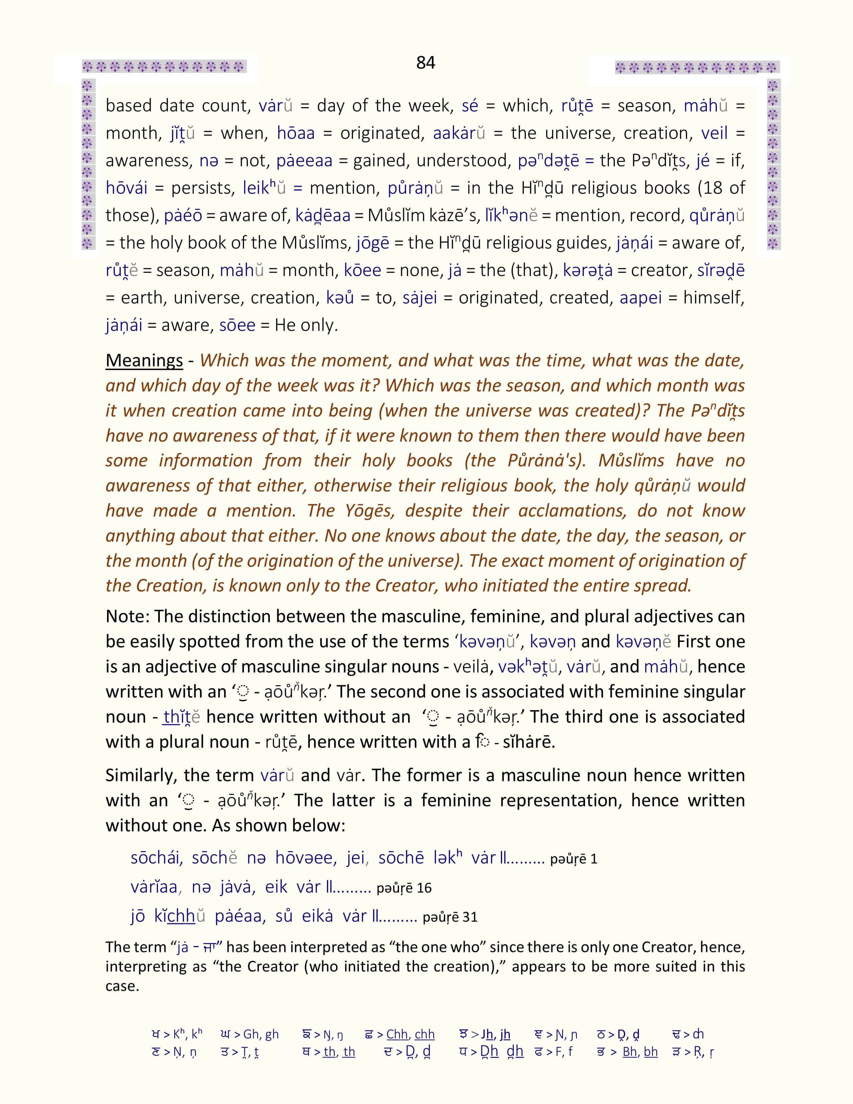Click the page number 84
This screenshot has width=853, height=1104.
pyautogui.click(x=425, y=62)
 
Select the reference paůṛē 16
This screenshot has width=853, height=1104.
pyautogui.click(x=404, y=888)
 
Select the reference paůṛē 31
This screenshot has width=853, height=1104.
pyautogui.click(x=450, y=917)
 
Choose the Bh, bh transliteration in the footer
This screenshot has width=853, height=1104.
pyautogui.click(x=640, y=1051)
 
